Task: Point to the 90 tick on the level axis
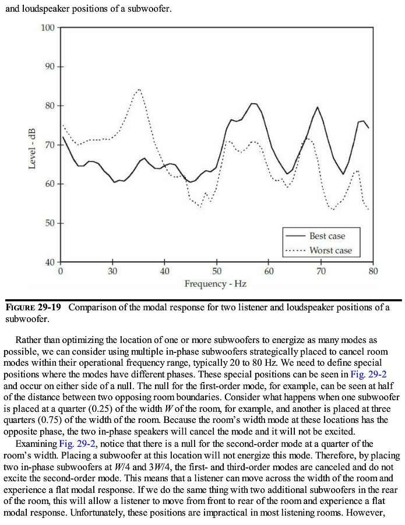pyautogui.click(x=50, y=66)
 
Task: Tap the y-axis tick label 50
pyautogui.click(x=50, y=223)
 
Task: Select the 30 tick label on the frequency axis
pyautogui.click(x=112, y=271)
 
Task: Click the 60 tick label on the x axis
pyautogui.click(x=269, y=271)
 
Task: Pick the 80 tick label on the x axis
pyautogui.click(x=373, y=271)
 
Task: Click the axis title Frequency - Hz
pyautogui.click(x=215, y=284)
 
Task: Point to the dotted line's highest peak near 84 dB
pyautogui.click(x=139, y=89)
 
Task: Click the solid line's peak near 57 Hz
pyautogui.click(x=253, y=104)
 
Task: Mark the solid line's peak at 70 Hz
pyautogui.click(x=318, y=107)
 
